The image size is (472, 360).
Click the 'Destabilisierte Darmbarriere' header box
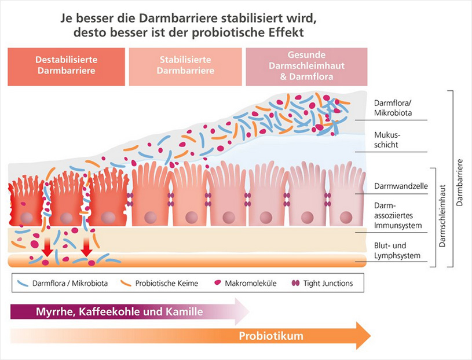click(66, 66)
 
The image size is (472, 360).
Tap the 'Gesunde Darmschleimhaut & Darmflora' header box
click(306, 66)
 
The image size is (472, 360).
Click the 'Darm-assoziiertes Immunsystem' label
click(396, 215)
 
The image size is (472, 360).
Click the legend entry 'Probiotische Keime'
click(167, 284)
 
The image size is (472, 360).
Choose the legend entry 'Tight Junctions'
click(328, 284)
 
